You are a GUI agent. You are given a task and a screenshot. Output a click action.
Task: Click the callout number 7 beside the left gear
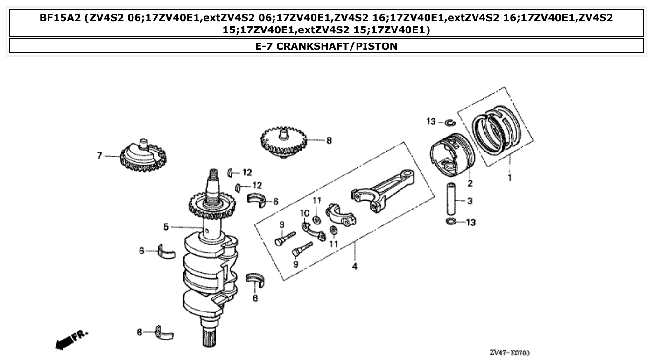pyautogui.click(x=99, y=156)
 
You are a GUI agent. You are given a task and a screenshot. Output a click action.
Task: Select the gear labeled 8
pyautogui.click(x=283, y=142)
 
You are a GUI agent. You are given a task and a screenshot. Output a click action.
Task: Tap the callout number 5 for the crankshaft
pyautogui.click(x=166, y=227)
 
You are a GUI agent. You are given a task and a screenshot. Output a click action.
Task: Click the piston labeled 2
pyautogui.click(x=450, y=154)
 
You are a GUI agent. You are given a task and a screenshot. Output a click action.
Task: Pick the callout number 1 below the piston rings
pyautogui.click(x=510, y=178)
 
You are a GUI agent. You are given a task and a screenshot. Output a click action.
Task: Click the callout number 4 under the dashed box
pyautogui.click(x=355, y=267)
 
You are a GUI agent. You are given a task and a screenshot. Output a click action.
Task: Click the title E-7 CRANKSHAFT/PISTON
pyautogui.click(x=326, y=46)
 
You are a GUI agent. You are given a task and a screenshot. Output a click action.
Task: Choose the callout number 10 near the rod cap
pyautogui.click(x=305, y=213)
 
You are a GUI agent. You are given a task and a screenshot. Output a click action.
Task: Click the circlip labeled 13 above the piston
pyautogui.click(x=450, y=123)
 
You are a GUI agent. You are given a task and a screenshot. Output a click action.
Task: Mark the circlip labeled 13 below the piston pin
pyautogui.click(x=451, y=222)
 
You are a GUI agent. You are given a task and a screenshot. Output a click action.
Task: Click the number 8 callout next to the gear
pyautogui.click(x=329, y=140)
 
